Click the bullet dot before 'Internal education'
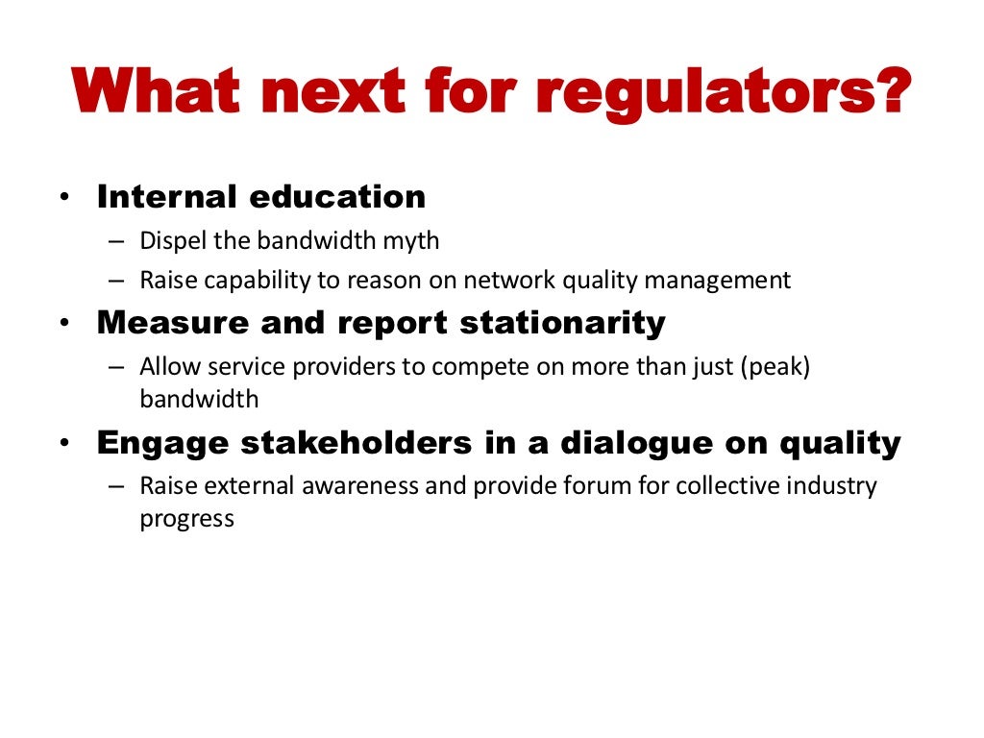tap(63, 198)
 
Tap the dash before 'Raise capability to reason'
tap(116, 281)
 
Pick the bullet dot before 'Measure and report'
tap(63, 325)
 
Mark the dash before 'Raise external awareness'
tap(116, 486)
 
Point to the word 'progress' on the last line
tap(186, 520)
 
